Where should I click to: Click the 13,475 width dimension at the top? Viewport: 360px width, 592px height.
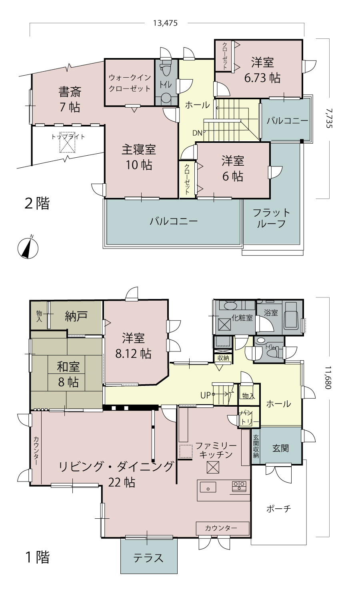165,23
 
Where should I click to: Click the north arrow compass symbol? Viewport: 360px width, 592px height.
28,247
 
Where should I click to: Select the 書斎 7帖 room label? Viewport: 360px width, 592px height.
70,100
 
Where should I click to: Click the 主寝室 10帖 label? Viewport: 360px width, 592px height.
139,157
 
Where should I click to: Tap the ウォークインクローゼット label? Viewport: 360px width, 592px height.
130,83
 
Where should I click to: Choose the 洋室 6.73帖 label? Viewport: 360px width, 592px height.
262,70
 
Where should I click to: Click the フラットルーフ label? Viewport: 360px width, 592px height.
271,218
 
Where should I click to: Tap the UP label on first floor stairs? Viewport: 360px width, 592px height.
205,395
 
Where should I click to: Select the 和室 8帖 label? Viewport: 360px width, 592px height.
68,374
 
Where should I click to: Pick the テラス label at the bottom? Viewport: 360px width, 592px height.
148,558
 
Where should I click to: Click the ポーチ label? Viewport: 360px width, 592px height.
278,509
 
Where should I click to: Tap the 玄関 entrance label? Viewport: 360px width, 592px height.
281,448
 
